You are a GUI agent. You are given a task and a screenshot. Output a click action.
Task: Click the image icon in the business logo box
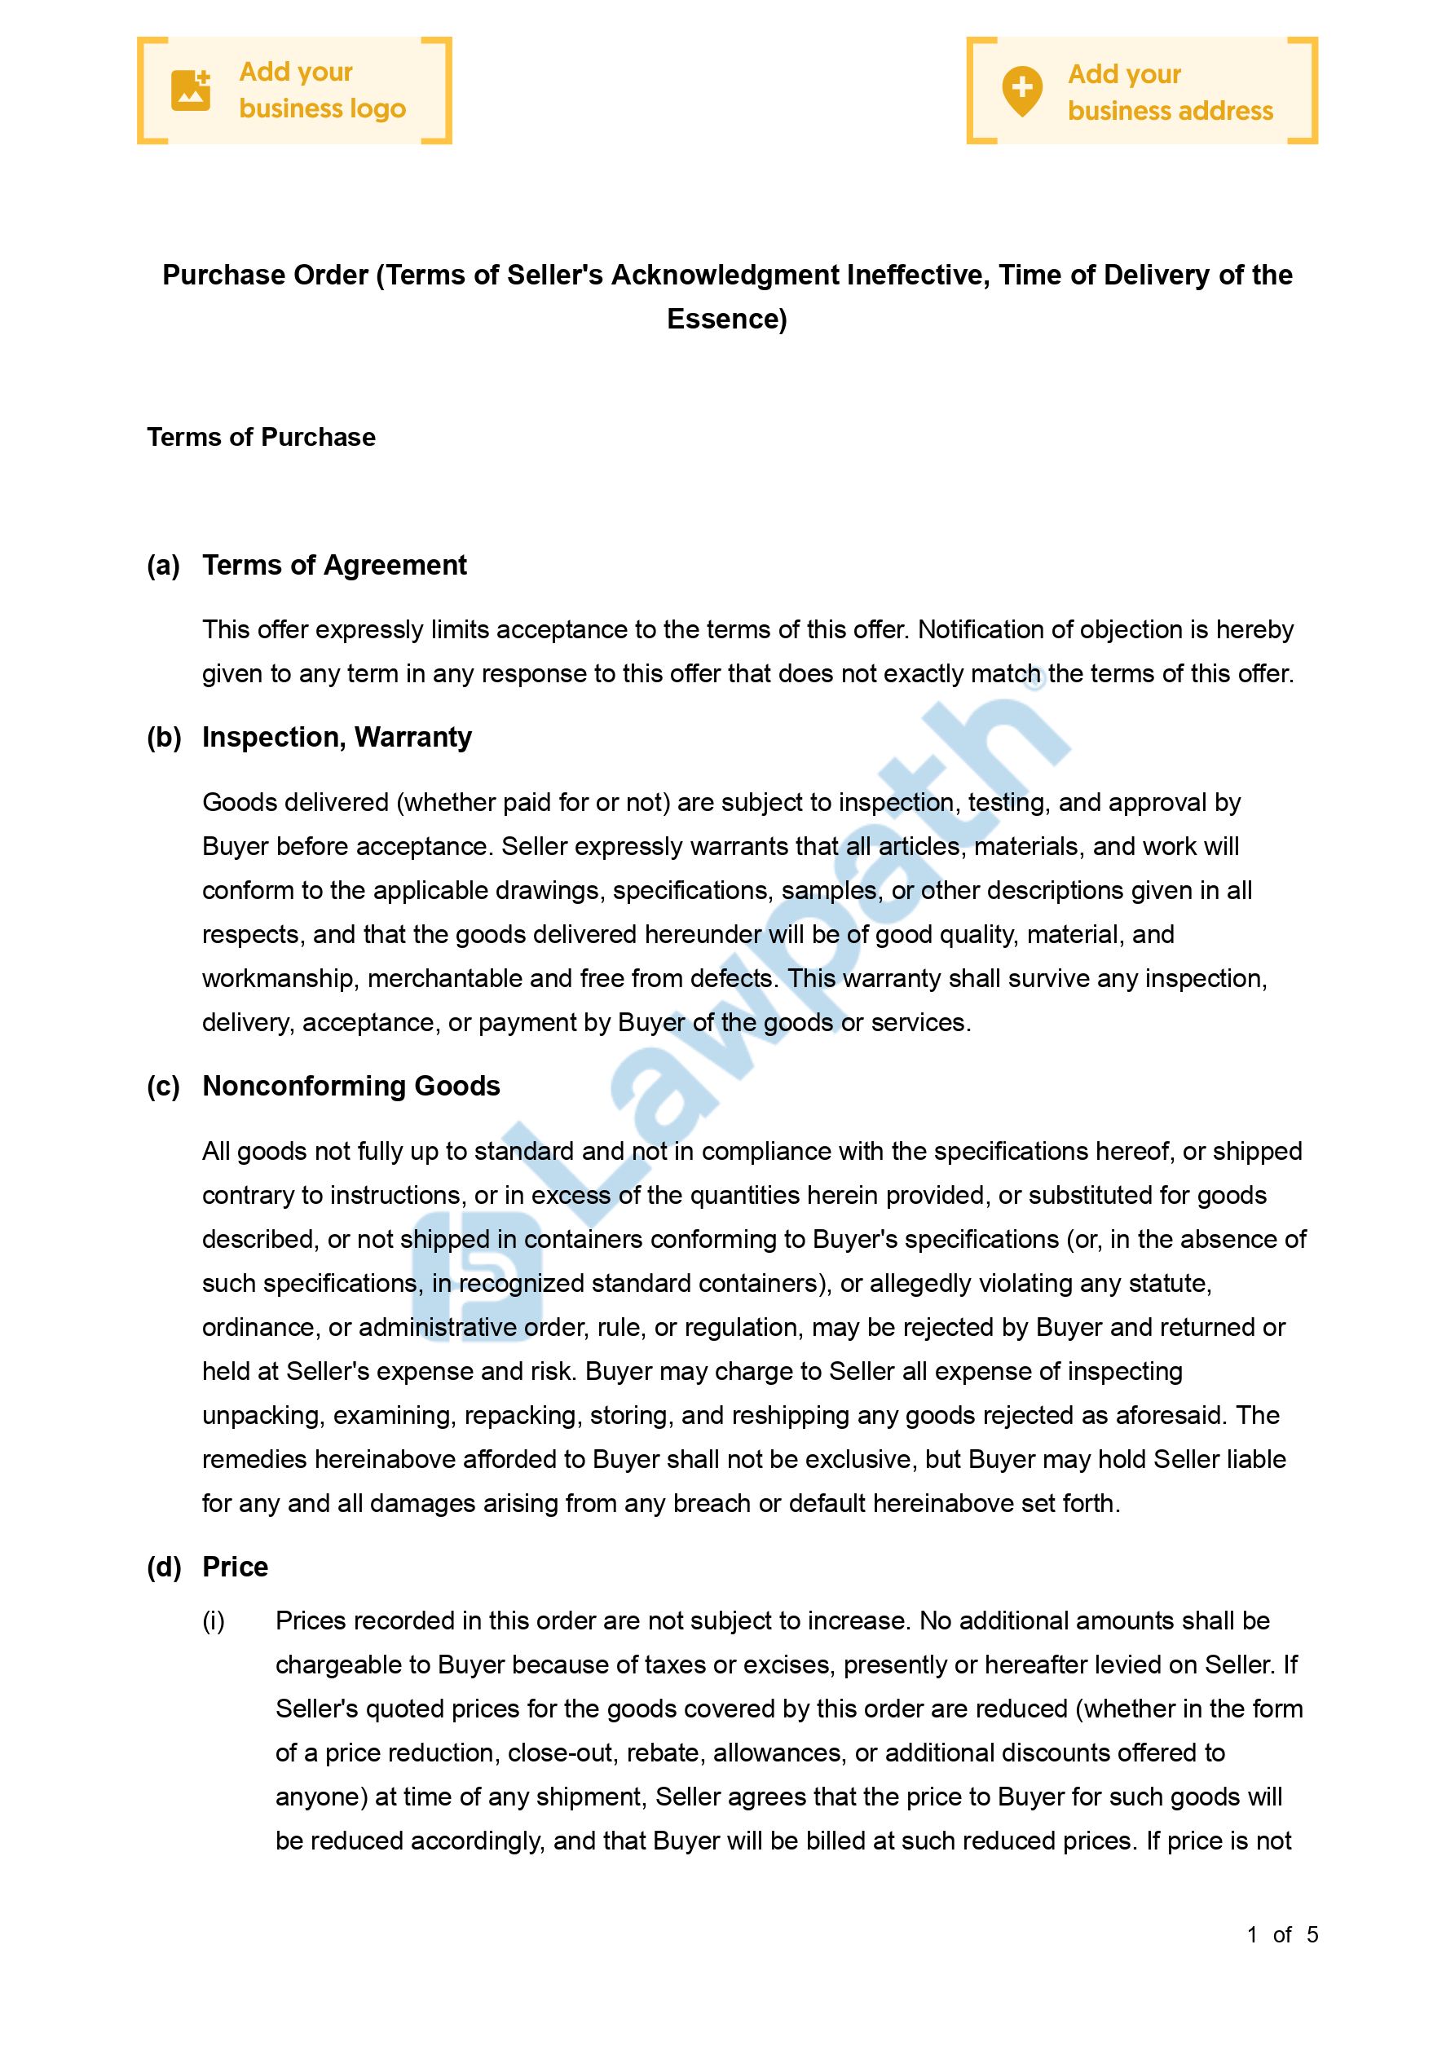click(190, 90)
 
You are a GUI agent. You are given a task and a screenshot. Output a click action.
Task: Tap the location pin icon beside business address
click(1021, 90)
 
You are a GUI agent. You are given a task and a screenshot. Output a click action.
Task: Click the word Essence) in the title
click(726, 320)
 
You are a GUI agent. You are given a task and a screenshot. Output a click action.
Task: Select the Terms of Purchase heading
click(261, 438)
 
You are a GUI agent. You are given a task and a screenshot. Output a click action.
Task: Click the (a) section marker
click(163, 566)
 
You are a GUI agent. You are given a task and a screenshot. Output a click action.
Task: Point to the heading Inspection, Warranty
click(337, 737)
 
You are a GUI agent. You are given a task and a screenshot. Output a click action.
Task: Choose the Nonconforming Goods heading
click(351, 1086)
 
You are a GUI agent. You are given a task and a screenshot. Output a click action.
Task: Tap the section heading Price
click(235, 1567)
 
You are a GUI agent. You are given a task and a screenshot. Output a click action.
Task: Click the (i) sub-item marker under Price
click(214, 1620)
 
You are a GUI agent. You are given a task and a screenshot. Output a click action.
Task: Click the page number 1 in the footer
click(1252, 1934)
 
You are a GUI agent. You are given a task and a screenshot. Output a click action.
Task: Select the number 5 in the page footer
click(1312, 1934)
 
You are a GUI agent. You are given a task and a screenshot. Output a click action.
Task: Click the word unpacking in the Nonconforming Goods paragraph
click(260, 1415)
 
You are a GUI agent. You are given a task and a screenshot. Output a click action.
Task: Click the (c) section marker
click(163, 1086)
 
